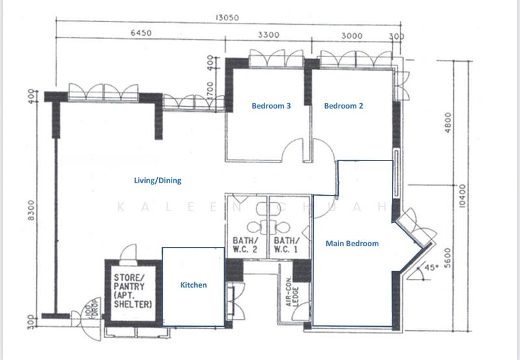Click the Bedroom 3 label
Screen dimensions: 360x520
[x=271, y=106]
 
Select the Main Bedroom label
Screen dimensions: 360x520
[x=352, y=244]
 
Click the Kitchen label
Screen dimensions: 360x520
[x=193, y=285]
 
